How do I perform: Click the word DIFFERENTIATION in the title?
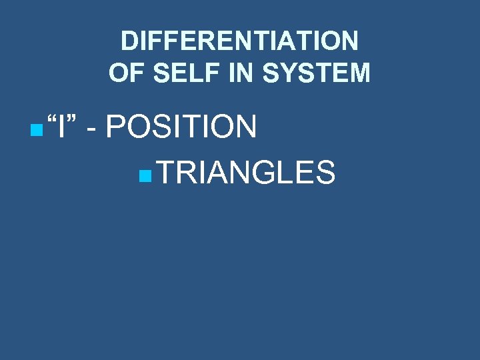point(239,42)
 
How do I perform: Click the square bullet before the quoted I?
point(34,127)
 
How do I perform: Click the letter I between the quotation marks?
point(61,127)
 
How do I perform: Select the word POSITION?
point(181,127)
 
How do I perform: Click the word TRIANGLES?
point(246,173)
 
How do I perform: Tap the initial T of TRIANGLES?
point(167,173)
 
